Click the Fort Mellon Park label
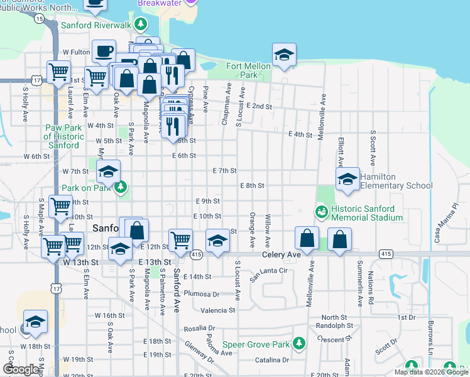[x=242, y=70]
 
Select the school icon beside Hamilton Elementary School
[x=347, y=179]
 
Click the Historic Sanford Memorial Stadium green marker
[x=321, y=212]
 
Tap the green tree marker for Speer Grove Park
[x=300, y=343]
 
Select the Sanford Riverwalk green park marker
[x=142, y=26]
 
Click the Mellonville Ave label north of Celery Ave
[x=322, y=117]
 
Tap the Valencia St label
[x=218, y=310]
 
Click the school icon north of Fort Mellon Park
[x=284, y=55]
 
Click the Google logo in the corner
[x=21, y=370]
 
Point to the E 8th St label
[x=252, y=186]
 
